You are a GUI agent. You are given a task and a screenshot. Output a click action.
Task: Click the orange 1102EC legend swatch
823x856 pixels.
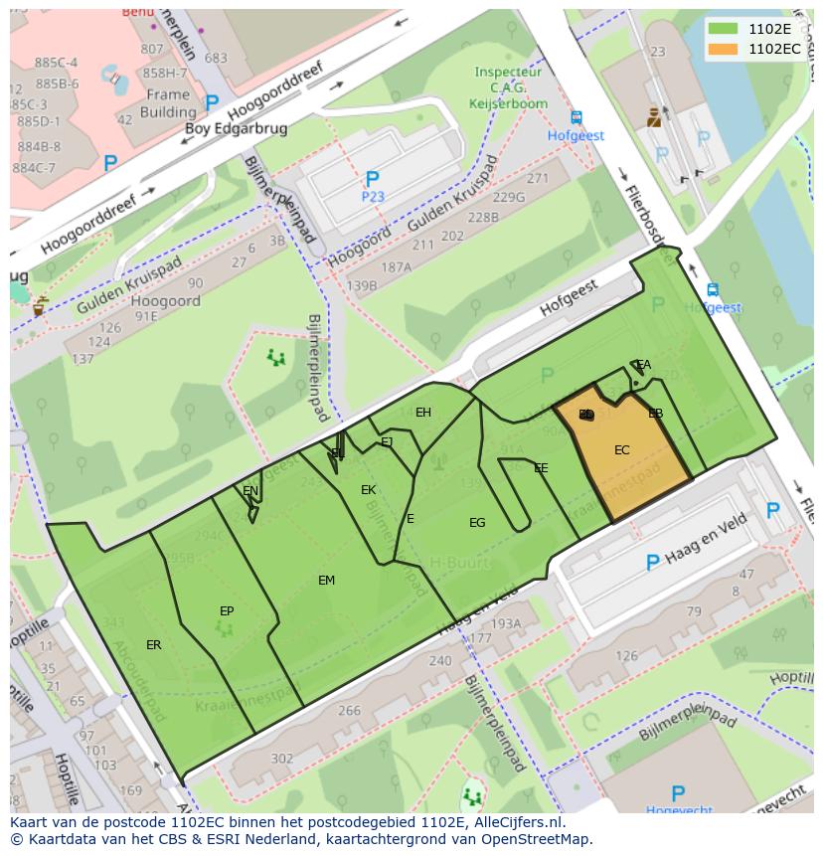point(725,49)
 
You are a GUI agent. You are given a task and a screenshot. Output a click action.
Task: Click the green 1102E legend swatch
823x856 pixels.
point(725,29)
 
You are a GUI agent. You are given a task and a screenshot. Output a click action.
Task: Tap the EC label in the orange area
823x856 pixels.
point(622,450)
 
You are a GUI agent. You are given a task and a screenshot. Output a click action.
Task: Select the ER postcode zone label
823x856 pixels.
point(154,645)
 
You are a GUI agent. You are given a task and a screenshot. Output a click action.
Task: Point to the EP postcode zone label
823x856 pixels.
point(227,611)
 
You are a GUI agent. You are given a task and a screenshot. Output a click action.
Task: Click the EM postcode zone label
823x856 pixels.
point(326,581)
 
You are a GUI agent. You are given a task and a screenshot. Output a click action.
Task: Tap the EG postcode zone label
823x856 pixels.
point(477,523)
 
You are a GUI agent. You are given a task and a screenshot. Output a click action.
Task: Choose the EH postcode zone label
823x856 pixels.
point(423,413)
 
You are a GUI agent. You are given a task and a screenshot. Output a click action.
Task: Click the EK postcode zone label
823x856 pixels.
point(368,490)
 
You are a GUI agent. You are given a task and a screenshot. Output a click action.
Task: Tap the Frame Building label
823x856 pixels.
point(168,103)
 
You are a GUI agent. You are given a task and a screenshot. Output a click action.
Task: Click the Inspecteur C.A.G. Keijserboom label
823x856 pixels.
point(508,87)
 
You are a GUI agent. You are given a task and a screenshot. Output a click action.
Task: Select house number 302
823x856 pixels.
point(281,759)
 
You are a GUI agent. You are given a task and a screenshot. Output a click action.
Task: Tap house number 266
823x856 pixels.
point(349,711)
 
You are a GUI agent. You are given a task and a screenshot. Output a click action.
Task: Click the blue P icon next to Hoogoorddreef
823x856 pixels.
point(212,102)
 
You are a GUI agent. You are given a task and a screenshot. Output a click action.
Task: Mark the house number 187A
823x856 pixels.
point(396,267)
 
